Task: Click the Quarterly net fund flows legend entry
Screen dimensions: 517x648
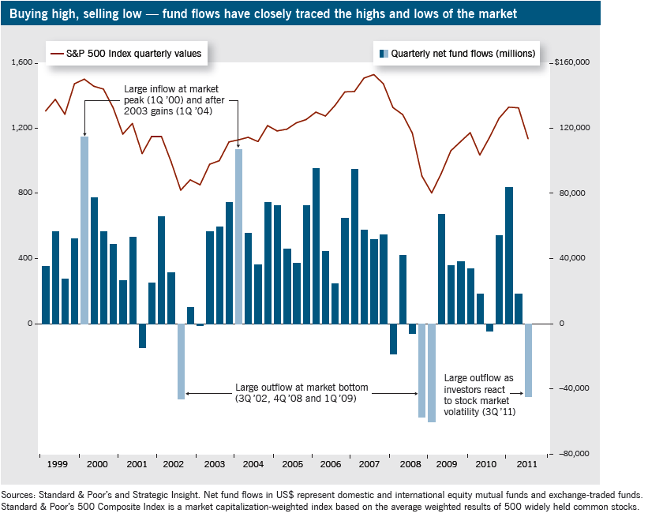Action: [457, 54]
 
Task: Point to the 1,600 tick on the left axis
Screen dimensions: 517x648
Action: [23, 63]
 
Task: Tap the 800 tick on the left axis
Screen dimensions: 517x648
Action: [26, 193]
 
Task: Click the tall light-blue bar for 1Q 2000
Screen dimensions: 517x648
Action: [84, 230]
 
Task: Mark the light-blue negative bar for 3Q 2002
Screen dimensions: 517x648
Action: [181, 361]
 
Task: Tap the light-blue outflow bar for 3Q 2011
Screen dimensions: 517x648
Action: [528, 360]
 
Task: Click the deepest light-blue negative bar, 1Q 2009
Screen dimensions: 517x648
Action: [432, 373]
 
